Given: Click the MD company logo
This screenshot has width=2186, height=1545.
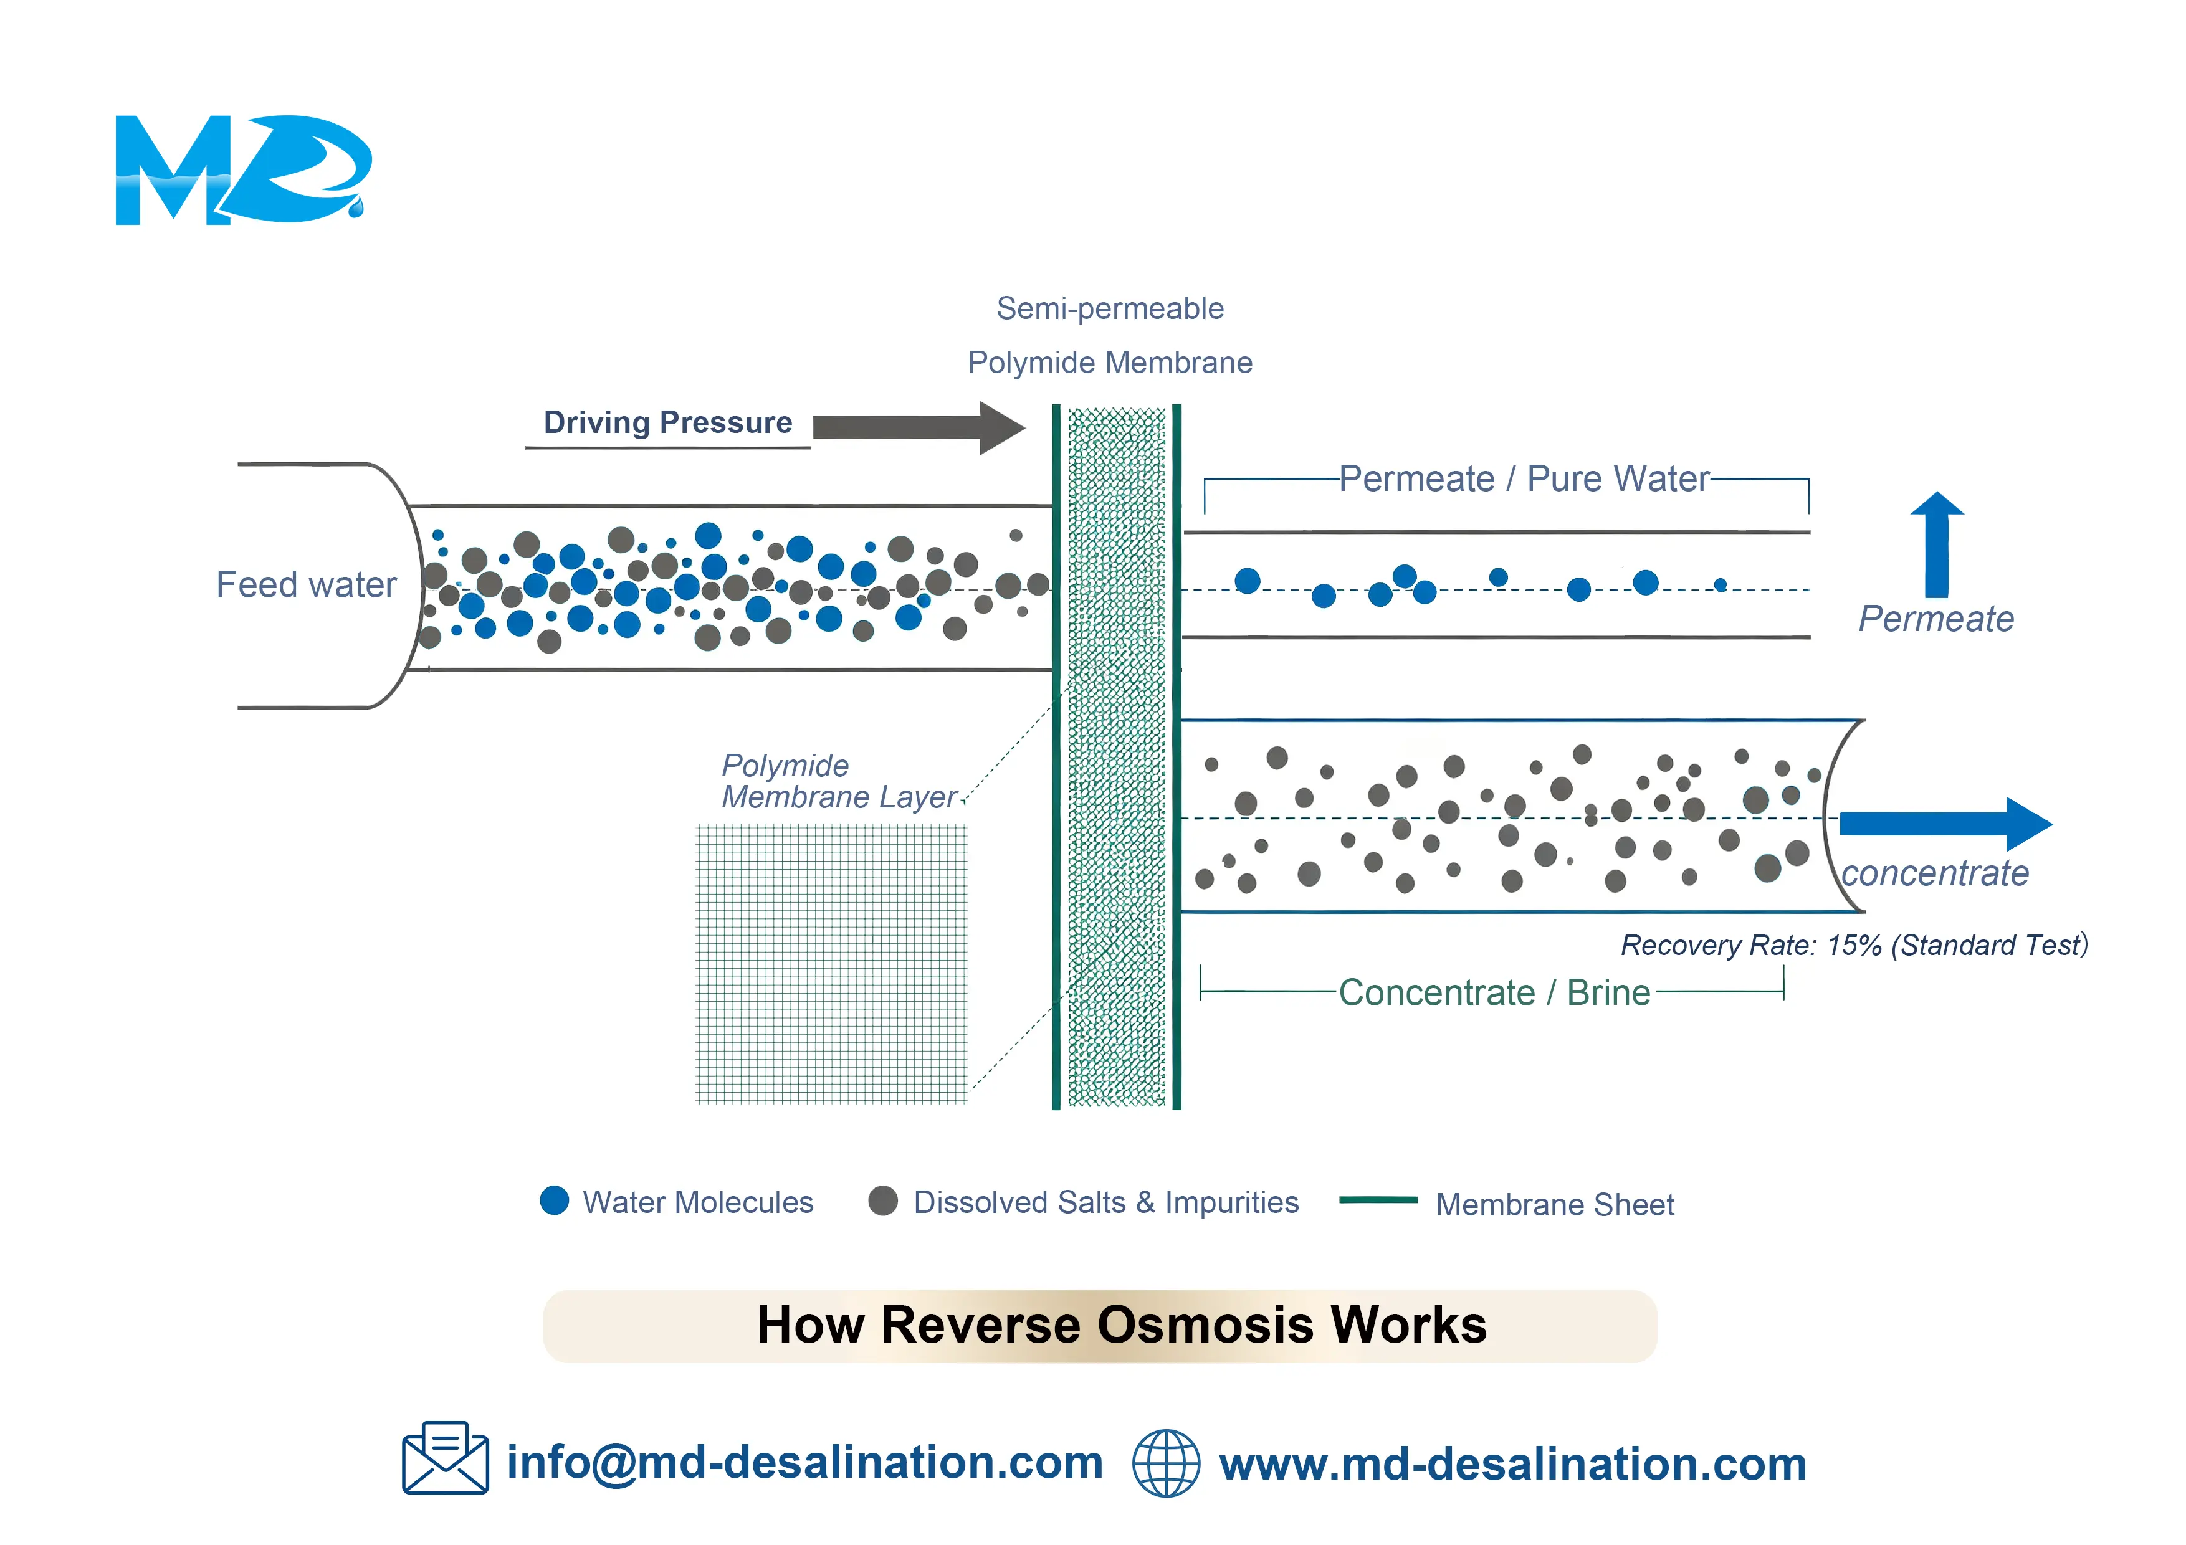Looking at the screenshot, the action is pyautogui.click(x=243, y=169).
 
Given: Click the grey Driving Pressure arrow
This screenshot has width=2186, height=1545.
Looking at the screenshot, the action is pyautogui.click(x=919, y=427).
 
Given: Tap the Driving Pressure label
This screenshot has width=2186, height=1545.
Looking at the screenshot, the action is pyautogui.click(x=667, y=422).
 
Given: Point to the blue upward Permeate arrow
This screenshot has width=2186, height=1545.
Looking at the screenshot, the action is pyautogui.click(x=1937, y=544).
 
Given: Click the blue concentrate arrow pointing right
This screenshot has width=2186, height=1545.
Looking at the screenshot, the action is pyautogui.click(x=1946, y=824).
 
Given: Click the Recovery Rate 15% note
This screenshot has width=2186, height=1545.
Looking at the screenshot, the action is pyautogui.click(x=1854, y=944).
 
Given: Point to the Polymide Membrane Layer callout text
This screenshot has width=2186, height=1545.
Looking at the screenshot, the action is pyautogui.click(x=839, y=781).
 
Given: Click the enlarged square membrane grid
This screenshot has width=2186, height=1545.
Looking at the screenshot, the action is pyautogui.click(x=831, y=963).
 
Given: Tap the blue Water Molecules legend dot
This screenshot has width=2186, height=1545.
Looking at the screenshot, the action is pyautogui.click(x=554, y=1200).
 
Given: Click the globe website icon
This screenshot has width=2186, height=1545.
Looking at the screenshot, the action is pyautogui.click(x=1165, y=1463).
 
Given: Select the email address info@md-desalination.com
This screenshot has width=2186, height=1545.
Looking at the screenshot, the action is pyautogui.click(x=804, y=1462).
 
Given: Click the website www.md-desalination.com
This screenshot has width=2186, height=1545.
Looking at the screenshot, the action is pyautogui.click(x=1513, y=1463).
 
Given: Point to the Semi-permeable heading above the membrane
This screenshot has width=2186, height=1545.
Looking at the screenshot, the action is pyautogui.click(x=1110, y=308).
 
